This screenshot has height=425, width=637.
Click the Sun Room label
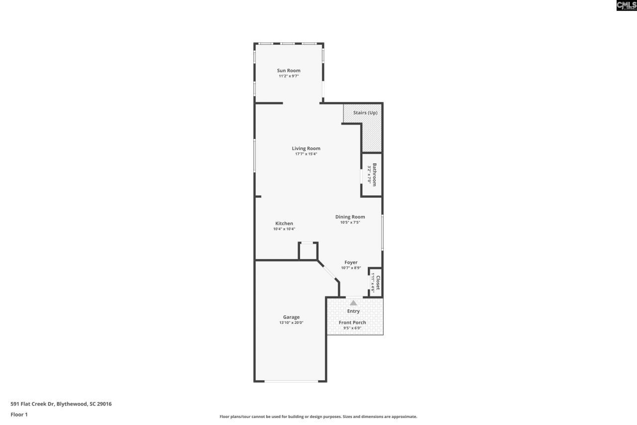[289, 71]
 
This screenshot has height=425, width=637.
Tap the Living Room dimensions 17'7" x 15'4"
[306, 154]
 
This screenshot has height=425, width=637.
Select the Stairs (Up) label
[365, 113]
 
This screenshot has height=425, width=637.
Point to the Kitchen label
[284, 223]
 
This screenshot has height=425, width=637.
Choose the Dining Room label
[350, 217]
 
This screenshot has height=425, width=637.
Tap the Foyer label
[351, 262]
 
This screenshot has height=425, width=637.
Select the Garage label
[291, 317]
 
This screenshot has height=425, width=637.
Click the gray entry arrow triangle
[353, 302]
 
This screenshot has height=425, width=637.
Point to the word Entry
[353, 311]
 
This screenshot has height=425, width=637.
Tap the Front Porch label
[352, 322]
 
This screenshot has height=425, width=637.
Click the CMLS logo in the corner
[626, 5]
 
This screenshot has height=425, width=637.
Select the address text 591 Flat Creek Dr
[61, 404]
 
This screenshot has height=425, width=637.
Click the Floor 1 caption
[19, 415]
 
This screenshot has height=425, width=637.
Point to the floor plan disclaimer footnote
[318, 417]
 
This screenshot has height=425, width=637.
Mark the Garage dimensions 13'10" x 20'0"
[291, 323]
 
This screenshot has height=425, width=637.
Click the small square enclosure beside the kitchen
[308, 251]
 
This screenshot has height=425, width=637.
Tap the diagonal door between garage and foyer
[328, 272]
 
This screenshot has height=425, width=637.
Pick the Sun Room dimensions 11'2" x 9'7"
[289, 76]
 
